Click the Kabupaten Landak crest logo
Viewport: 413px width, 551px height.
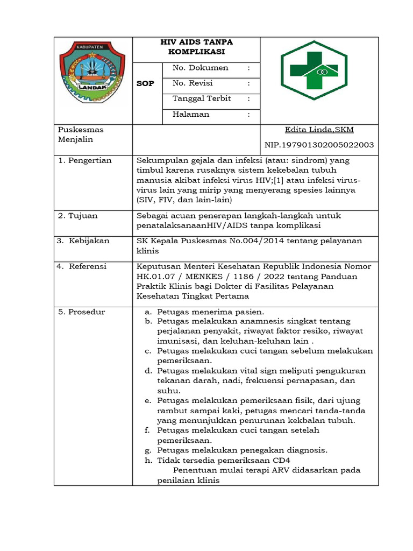click(x=92, y=72)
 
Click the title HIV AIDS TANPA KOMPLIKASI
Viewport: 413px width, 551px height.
click(x=196, y=47)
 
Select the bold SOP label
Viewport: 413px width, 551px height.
click(x=145, y=84)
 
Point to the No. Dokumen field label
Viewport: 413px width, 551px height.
click(x=200, y=68)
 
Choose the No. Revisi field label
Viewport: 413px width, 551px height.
click(x=193, y=83)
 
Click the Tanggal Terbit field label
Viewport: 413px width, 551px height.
click(x=202, y=98)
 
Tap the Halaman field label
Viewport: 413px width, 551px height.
click(x=191, y=114)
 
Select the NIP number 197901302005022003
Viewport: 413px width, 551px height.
click(x=319, y=145)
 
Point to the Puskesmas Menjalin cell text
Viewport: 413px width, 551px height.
click(x=80, y=135)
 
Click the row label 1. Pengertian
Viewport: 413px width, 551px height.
click(x=84, y=160)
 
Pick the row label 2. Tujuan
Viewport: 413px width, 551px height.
click(x=78, y=216)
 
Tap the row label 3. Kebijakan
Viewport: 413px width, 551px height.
click(x=83, y=241)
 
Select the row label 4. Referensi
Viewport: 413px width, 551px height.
click(x=83, y=266)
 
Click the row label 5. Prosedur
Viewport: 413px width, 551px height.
click(x=82, y=312)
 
